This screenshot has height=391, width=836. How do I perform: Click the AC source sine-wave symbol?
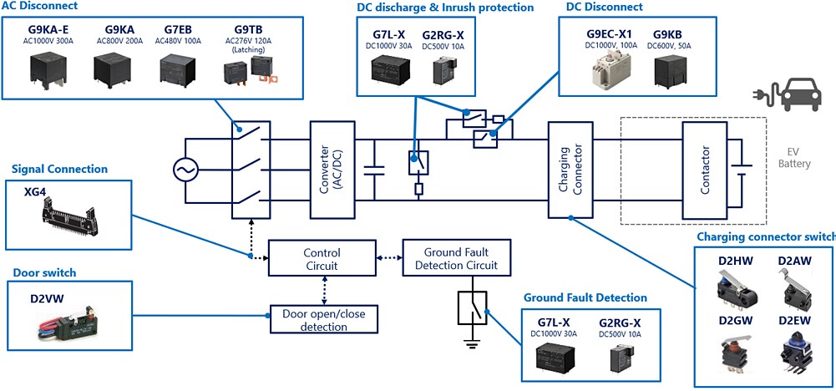(x=185, y=171)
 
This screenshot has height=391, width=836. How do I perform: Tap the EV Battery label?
(x=793, y=158)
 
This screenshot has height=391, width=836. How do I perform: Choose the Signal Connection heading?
(x=59, y=169)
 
